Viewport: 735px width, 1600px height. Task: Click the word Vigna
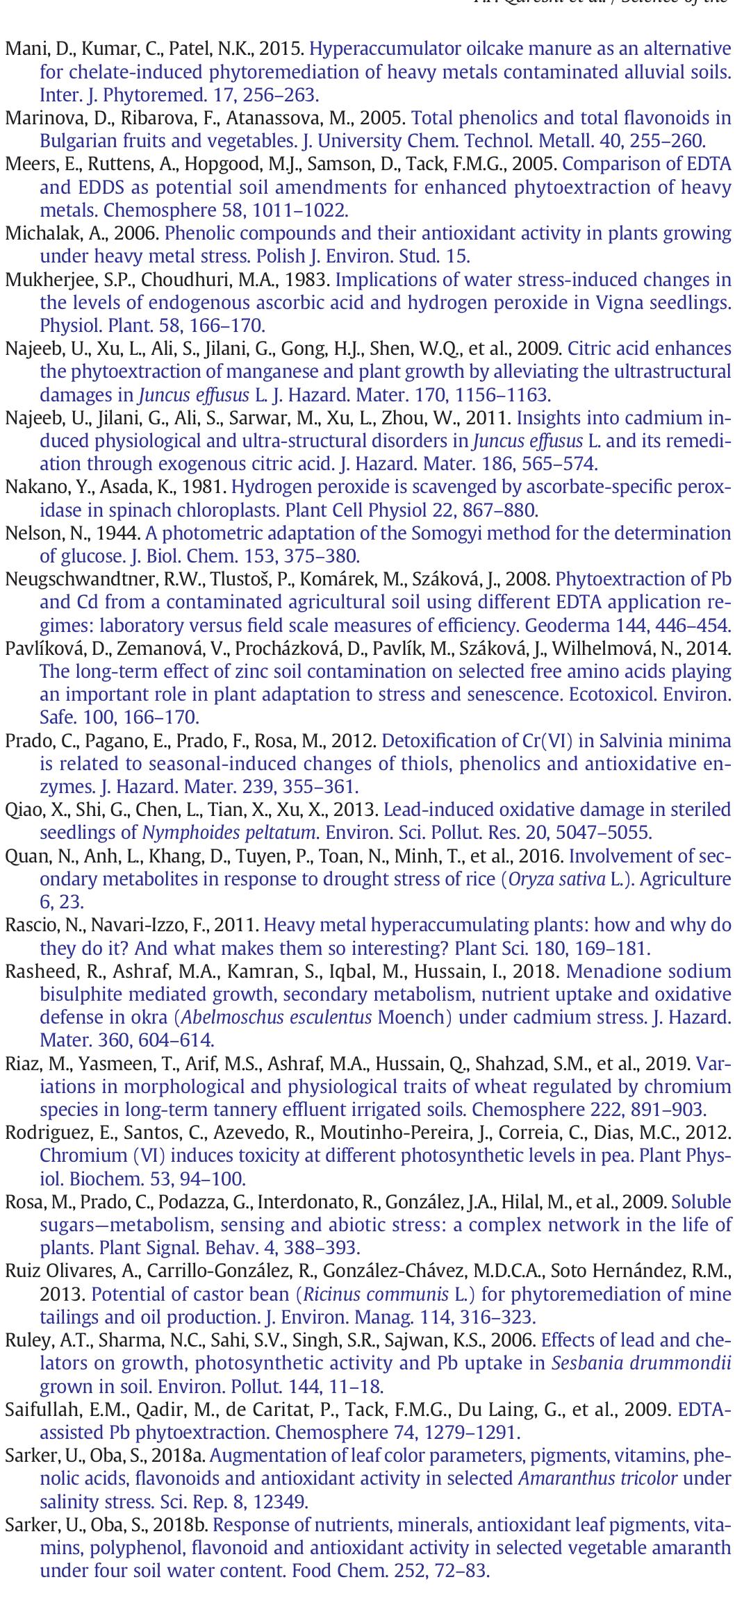[618, 303]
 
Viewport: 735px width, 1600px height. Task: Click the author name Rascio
[29, 926]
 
